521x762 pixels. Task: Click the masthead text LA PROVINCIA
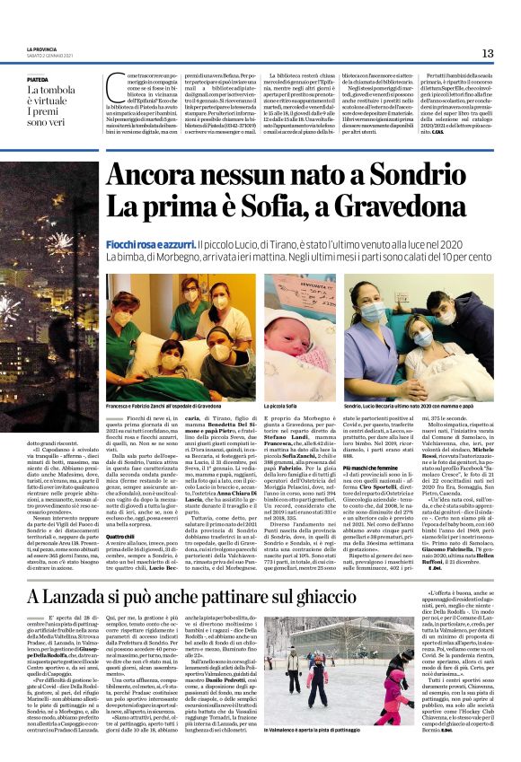click(x=42, y=49)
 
